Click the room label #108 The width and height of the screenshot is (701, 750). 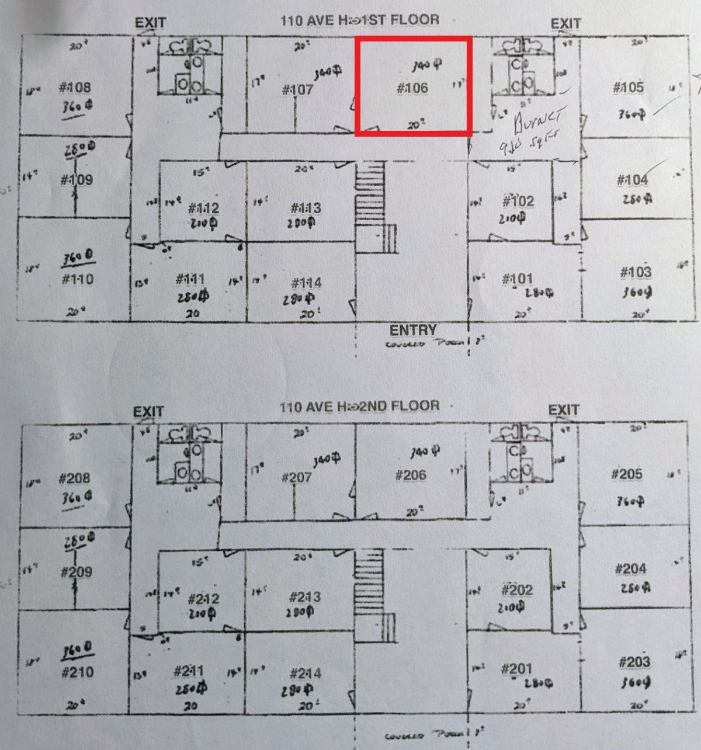click(x=75, y=88)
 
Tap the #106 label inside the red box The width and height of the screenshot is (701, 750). click(x=412, y=89)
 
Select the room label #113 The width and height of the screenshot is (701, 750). click(x=306, y=208)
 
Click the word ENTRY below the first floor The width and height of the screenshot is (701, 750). click(x=413, y=330)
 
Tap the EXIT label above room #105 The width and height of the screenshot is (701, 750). click(x=565, y=24)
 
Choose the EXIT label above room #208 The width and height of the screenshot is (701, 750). click(x=148, y=412)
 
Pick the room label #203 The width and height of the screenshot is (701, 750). click(x=634, y=662)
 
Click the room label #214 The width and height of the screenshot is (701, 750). click(x=306, y=673)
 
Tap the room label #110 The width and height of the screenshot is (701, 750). click(x=78, y=279)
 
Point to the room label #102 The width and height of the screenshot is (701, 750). click(x=518, y=202)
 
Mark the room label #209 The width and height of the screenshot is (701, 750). click(x=77, y=572)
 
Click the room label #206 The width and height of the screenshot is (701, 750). click(x=411, y=475)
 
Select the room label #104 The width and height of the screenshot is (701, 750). click(x=632, y=180)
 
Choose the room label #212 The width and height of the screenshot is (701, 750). click(x=204, y=599)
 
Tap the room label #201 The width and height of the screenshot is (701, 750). click(x=516, y=669)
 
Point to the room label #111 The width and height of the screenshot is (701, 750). click(x=190, y=280)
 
